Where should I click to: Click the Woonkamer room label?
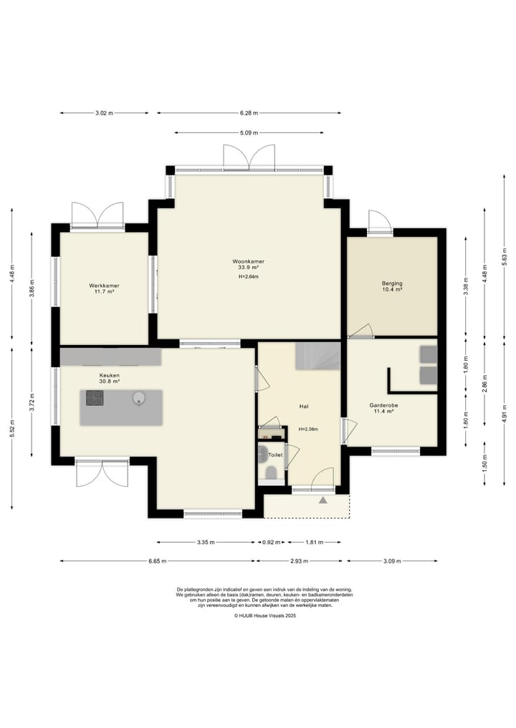(248, 261)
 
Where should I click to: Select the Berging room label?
(392, 283)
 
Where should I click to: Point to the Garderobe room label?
(383, 405)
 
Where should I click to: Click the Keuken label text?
(109, 375)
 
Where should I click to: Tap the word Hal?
(304, 407)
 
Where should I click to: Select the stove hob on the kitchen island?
(95, 398)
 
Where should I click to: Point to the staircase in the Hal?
(318, 356)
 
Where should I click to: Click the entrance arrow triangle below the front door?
(323, 500)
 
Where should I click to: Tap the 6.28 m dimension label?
(249, 113)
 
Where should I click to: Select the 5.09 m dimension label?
(249, 132)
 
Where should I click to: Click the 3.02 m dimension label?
(104, 113)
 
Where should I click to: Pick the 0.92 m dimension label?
(272, 542)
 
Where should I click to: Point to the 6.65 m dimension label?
(157, 561)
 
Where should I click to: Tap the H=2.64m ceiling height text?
(248, 277)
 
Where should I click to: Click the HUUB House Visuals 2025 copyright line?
(264, 616)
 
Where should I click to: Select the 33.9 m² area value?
(248, 268)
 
